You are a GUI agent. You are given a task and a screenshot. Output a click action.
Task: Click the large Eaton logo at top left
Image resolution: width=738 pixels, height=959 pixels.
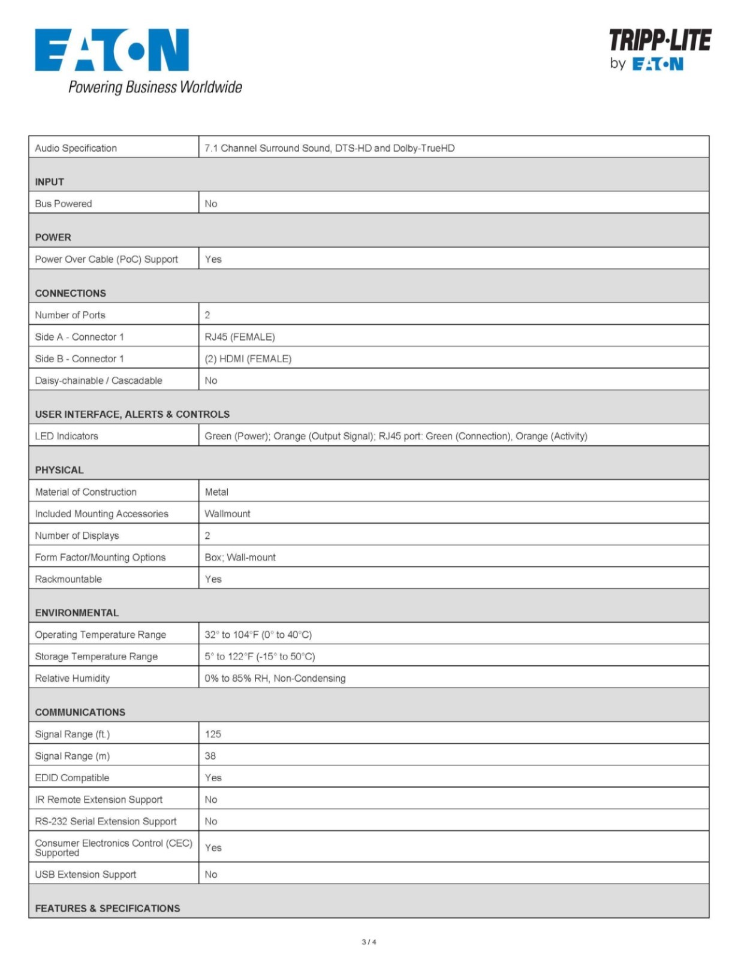click(x=112, y=50)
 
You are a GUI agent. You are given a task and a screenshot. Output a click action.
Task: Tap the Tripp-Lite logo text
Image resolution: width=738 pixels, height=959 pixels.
click(x=659, y=40)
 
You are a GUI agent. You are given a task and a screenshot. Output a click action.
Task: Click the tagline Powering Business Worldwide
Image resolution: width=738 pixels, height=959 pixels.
click(x=155, y=88)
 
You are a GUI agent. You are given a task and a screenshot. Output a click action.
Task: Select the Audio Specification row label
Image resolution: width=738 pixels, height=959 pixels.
click(x=76, y=148)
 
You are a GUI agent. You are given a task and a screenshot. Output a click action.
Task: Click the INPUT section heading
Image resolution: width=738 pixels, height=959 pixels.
click(x=49, y=182)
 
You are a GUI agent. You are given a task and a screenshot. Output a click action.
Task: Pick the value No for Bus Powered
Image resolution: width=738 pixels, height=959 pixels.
click(x=211, y=204)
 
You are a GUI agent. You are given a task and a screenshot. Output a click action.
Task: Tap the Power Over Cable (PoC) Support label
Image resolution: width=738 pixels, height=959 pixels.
click(x=106, y=259)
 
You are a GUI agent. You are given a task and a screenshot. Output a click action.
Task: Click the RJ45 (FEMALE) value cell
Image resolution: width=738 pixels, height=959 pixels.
click(x=240, y=337)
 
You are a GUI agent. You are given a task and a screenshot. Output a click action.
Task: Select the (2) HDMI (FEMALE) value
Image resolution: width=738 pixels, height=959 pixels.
click(x=248, y=358)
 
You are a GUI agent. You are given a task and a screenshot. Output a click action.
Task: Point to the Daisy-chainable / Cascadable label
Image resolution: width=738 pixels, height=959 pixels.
click(x=98, y=381)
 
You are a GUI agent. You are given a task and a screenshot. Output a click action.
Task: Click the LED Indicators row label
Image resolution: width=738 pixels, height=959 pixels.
click(x=67, y=436)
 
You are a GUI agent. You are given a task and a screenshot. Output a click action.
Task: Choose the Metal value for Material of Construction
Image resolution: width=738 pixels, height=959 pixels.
click(x=216, y=492)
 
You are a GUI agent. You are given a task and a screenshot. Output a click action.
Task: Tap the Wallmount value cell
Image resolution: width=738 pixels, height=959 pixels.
click(x=227, y=514)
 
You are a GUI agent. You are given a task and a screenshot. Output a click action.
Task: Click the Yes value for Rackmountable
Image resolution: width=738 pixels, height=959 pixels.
click(x=213, y=579)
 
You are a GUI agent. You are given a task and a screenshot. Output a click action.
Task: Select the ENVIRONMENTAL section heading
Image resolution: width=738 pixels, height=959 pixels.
click(x=77, y=613)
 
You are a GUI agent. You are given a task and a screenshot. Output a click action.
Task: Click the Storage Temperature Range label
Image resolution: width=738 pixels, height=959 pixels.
click(x=96, y=656)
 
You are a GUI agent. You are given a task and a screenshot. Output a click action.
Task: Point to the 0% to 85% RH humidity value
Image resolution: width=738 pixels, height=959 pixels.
click(x=275, y=678)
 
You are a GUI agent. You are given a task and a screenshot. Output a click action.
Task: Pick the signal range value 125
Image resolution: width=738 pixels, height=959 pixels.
click(x=213, y=734)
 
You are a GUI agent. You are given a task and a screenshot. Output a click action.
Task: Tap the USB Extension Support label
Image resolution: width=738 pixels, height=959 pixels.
click(x=85, y=874)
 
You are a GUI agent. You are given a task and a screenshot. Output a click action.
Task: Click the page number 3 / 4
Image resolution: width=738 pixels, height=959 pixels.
click(x=369, y=942)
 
